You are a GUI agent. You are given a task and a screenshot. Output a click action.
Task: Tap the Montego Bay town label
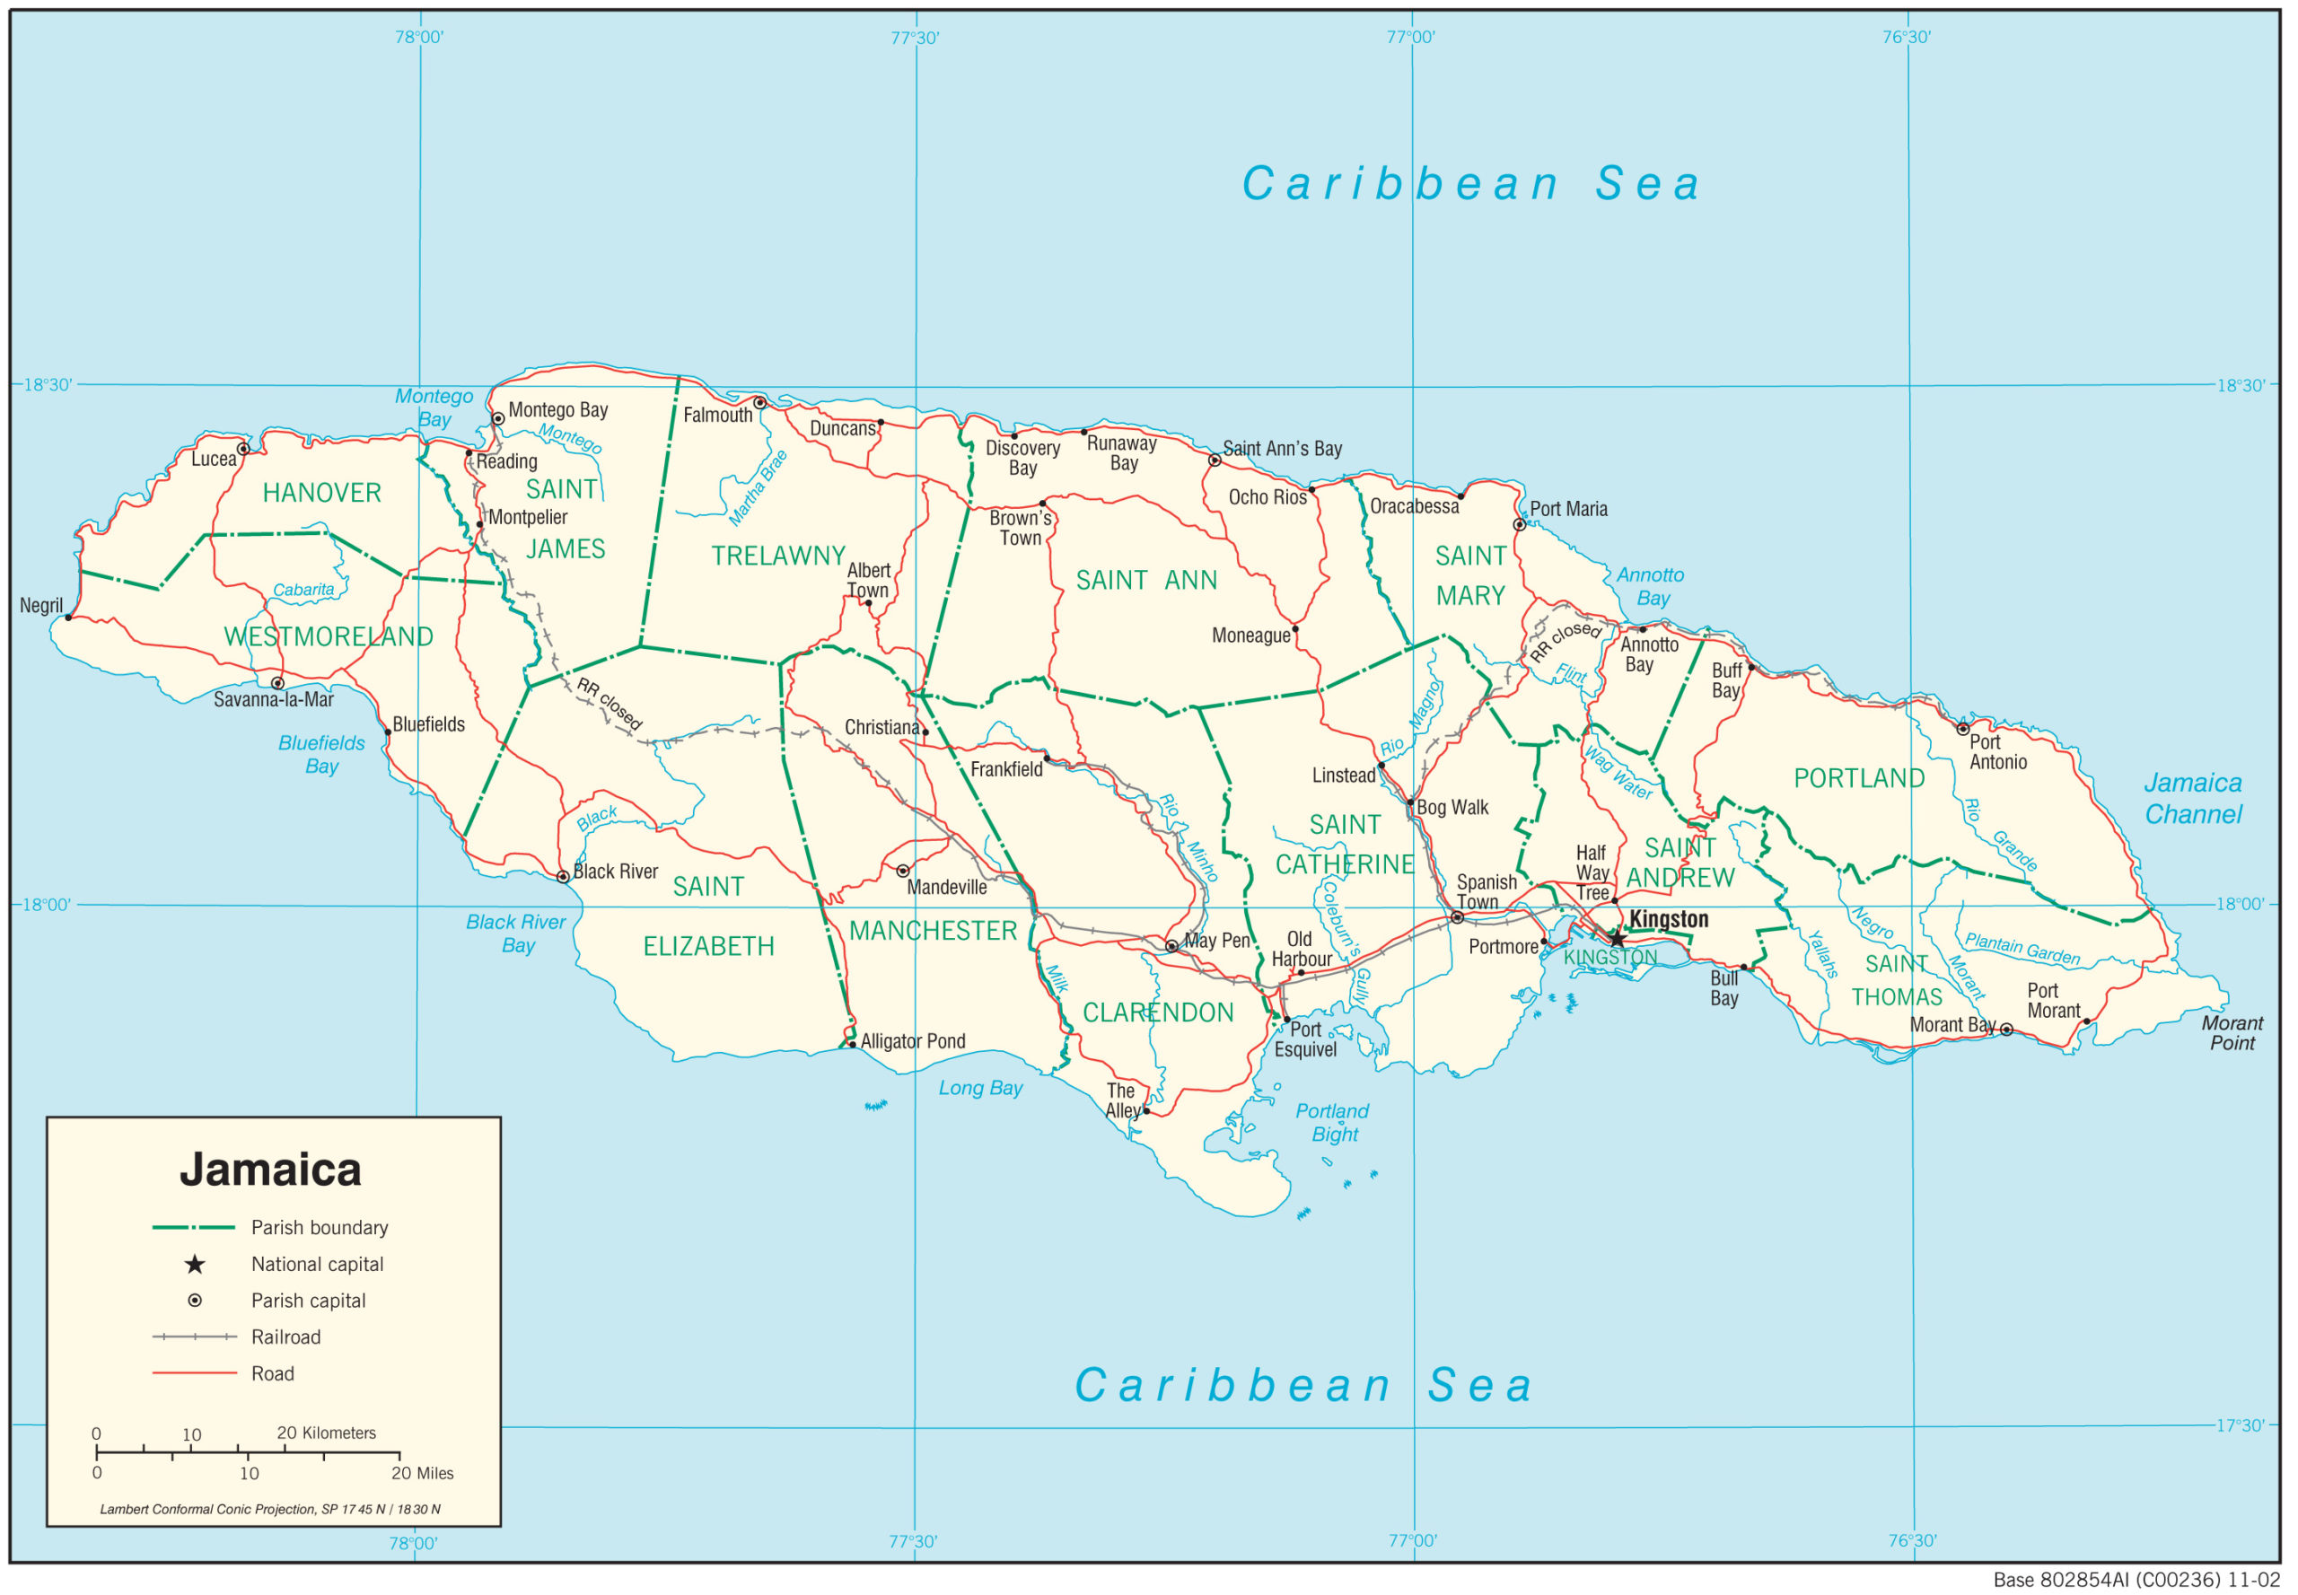pyautogui.click(x=557, y=409)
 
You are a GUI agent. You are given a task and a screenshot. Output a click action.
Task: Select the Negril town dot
pyautogui.click(x=68, y=618)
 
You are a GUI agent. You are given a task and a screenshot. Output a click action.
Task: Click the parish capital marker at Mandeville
pyautogui.click(x=901, y=871)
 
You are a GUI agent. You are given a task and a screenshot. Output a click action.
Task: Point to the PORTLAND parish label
pyautogui.click(x=1858, y=778)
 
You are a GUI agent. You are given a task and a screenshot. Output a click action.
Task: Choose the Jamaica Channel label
pyautogui.click(x=2192, y=799)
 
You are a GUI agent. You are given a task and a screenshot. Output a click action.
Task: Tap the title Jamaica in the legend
pyautogui.click(x=270, y=1170)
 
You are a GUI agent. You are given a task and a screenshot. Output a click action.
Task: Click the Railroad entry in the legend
pyautogui.click(x=285, y=1337)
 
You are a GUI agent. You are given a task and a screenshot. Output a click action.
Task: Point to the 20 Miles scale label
pyautogui.click(x=422, y=1474)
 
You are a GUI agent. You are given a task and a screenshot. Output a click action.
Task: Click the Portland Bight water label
pyautogui.click(x=1331, y=1122)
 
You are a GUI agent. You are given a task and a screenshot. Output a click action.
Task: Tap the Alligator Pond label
pyautogui.click(x=913, y=1041)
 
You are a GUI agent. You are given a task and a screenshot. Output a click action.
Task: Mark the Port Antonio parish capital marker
pyautogui.click(x=1962, y=729)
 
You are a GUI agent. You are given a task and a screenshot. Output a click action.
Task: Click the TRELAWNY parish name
pyautogui.click(x=777, y=556)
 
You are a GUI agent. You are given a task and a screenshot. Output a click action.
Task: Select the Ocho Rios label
pyautogui.click(x=1267, y=497)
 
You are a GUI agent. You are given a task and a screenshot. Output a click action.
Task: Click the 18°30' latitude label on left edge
pyautogui.click(x=47, y=385)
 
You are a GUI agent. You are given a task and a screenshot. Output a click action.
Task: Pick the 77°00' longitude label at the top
pyautogui.click(x=1409, y=37)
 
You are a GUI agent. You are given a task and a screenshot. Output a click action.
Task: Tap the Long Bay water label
pyautogui.click(x=979, y=1089)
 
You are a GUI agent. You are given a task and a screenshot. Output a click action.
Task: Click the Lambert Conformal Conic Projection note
pyautogui.click(x=270, y=1510)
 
